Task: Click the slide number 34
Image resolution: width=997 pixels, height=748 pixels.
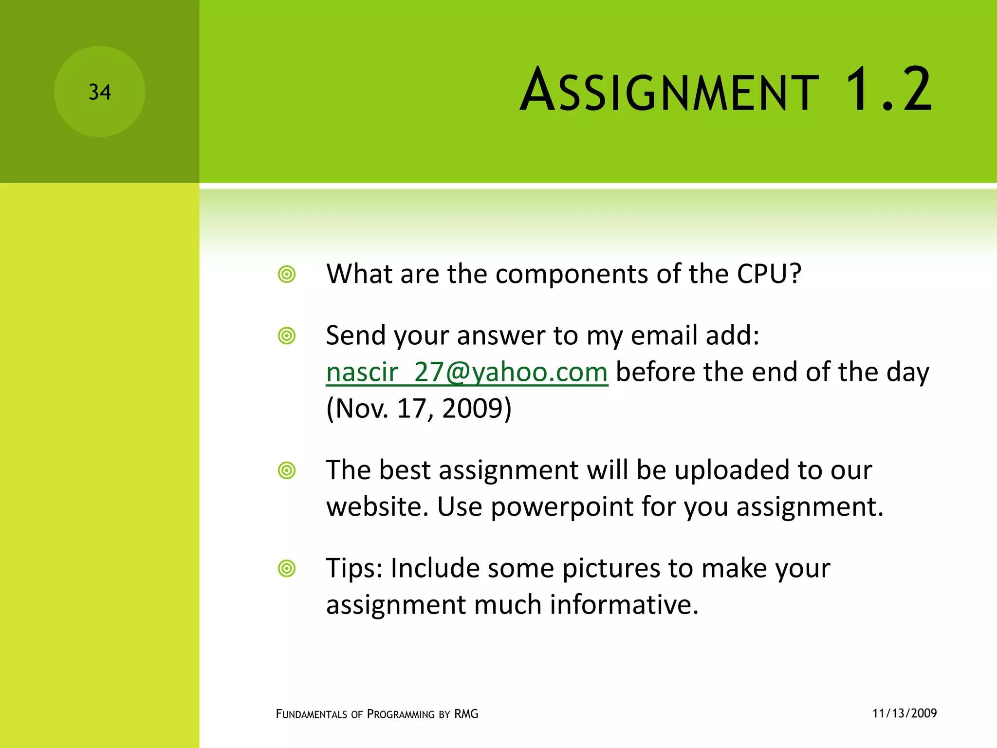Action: pyautogui.click(x=100, y=92)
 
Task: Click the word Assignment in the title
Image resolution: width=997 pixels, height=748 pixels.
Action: pyautogui.click(x=669, y=91)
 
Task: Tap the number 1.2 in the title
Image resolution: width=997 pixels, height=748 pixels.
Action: pyautogui.click(x=888, y=90)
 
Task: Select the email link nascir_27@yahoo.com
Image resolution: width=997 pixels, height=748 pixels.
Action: pyautogui.click(x=467, y=373)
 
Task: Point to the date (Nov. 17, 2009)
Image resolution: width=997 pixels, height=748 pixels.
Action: pyautogui.click(x=419, y=409)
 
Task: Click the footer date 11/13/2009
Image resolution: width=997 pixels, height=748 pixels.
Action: pyautogui.click(x=905, y=713)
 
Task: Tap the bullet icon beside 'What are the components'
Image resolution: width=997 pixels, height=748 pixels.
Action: pyautogui.click(x=287, y=274)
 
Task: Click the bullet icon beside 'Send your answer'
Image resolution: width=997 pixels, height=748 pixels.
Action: pyautogui.click(x=287, y=336)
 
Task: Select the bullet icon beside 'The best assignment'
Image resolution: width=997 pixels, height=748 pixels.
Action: pyautogui.click(x=287, y=470)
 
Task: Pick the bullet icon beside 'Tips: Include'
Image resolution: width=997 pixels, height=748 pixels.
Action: pyautogui.click(x=287, y=568)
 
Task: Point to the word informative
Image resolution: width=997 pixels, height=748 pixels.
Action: pyautogui.click(x=624, y=605)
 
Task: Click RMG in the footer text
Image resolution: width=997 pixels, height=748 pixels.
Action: pyautogui.click(x=466, y=714)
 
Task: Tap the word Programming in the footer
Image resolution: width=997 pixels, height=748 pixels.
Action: pyautogui.click(x=401, y=714)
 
